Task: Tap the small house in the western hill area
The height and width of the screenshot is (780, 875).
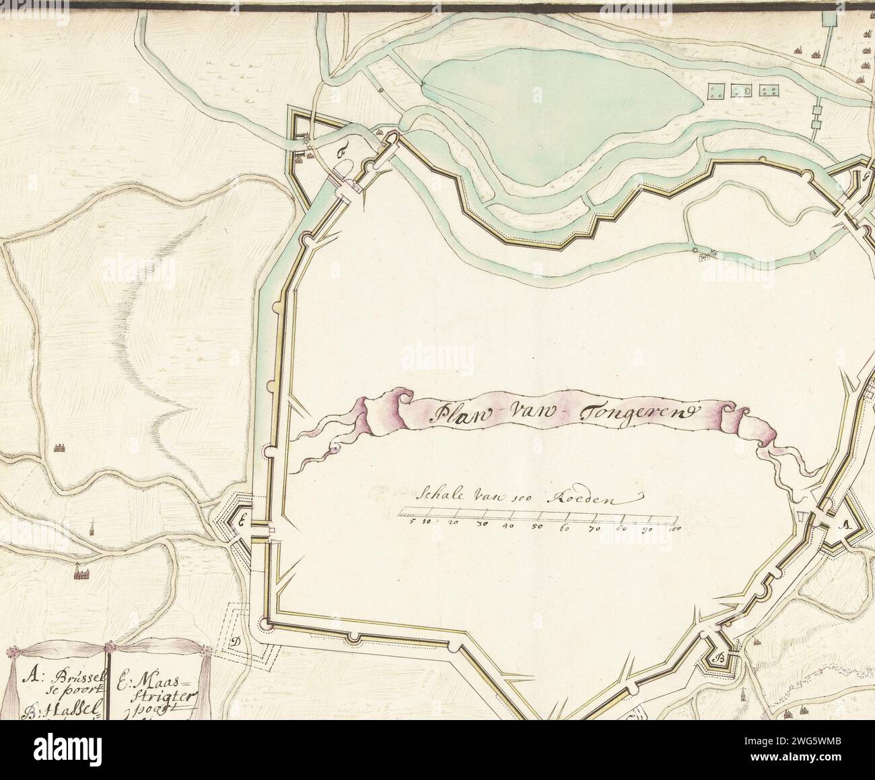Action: [x=59, y=447]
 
